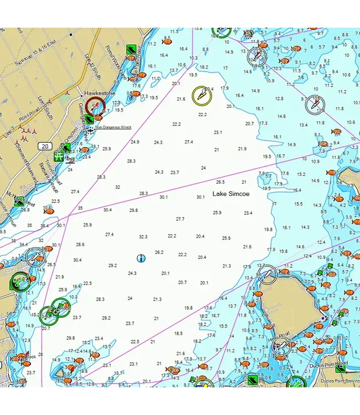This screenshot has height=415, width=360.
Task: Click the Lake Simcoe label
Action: click(232, 194)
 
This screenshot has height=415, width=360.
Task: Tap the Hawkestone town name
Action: click(100, 94)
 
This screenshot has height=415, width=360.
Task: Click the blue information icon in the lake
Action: click(141, 258)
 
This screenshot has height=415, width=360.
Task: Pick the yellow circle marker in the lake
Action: click(202, 96)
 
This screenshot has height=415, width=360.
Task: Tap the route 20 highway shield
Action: click(45, 146)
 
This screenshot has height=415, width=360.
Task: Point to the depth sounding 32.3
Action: click(143, 237)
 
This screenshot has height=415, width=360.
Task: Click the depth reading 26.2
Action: click(159, 252)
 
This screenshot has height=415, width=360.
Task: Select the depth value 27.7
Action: click(180, 219)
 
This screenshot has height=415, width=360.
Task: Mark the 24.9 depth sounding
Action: click(135, 142)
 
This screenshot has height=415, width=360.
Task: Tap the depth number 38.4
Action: click(44, 226)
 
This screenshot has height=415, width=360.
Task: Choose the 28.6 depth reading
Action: click(80, 245)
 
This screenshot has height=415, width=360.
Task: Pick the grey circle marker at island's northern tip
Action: click(268, 274)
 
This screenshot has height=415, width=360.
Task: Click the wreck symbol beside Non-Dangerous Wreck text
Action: click(90, 129)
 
